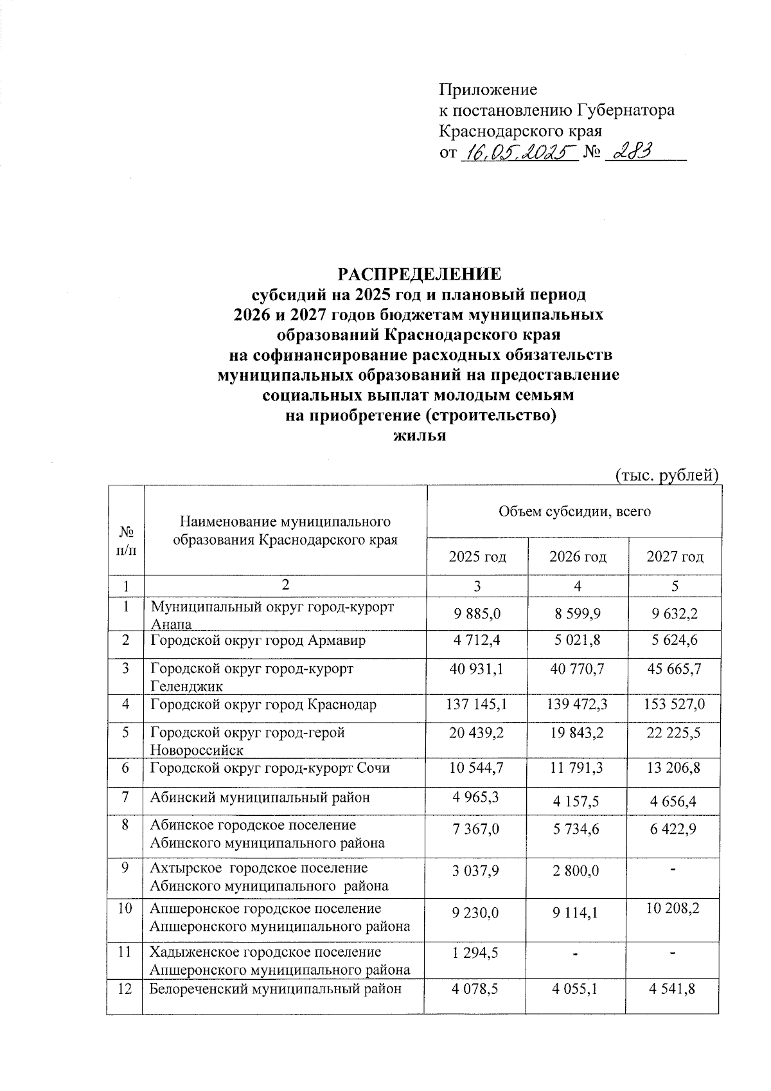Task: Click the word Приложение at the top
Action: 488,89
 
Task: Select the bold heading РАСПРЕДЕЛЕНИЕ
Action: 420,274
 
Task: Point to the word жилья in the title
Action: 419,437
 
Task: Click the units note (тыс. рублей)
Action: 666,475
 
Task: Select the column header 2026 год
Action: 577,557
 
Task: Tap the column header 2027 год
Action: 675,557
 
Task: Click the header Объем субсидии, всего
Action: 574,512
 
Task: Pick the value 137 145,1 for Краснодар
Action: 477,705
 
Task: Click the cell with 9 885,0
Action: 477,615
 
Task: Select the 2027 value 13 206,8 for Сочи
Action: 674,769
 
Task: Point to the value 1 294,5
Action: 476,952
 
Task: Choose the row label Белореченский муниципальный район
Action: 276,989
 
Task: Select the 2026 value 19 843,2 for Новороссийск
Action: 577,733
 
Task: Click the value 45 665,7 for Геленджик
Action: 674,669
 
